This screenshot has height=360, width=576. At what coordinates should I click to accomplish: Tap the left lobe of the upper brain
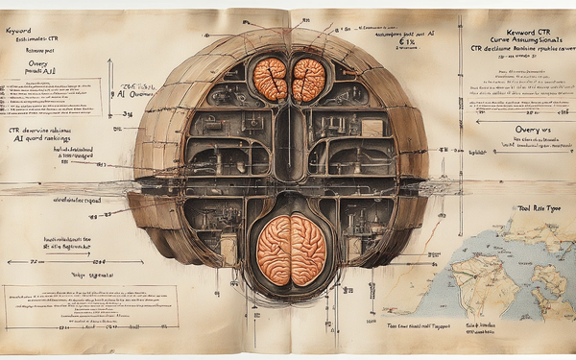272,80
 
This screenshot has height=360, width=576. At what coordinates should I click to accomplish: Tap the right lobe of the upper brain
308,80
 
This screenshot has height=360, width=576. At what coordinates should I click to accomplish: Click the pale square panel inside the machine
372,127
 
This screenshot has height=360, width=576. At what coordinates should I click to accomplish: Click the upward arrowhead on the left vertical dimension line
110,63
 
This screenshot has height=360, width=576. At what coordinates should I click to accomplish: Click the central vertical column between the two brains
290,144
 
